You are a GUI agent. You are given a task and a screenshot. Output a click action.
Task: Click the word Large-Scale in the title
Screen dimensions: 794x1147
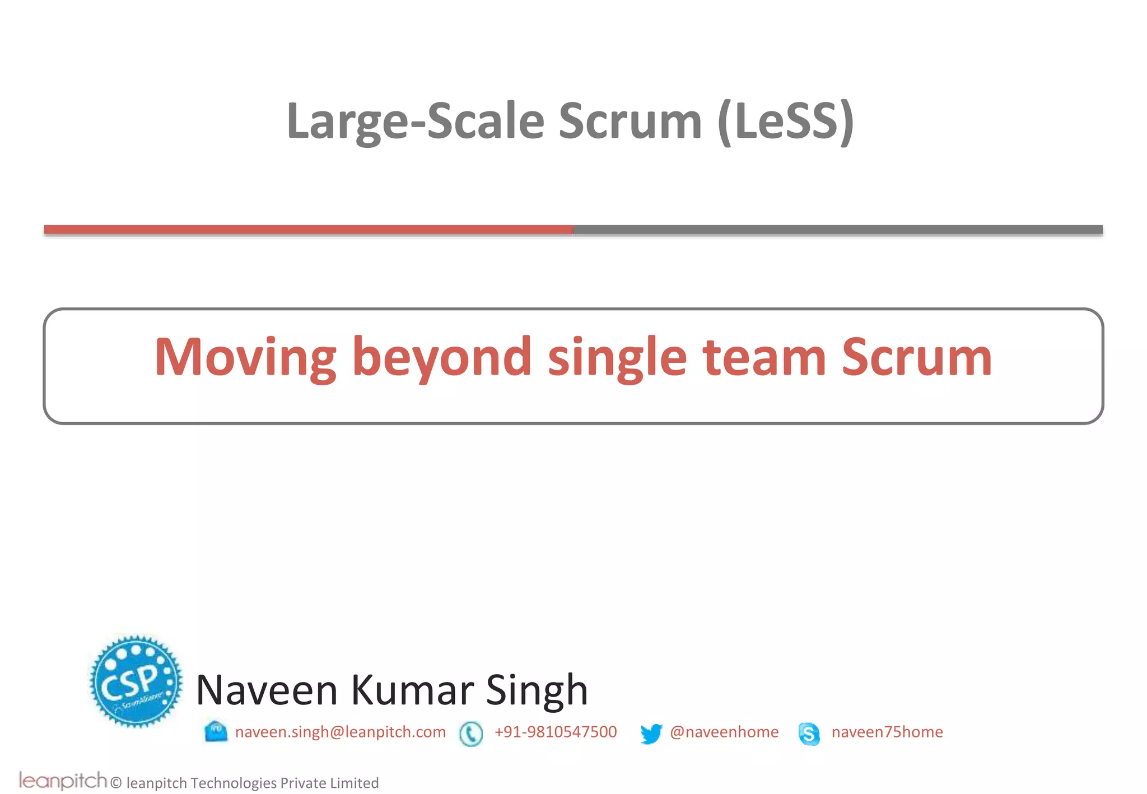pos(415,122)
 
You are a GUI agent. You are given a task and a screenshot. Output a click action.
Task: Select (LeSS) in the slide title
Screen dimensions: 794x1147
pos(785,122)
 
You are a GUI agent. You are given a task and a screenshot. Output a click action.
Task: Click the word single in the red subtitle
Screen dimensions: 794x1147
pos(617,358)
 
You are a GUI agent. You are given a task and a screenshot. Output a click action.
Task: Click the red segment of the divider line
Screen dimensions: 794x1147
pos(308,230)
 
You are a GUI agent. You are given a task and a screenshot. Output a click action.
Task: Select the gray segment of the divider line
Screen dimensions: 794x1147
pos(837,230)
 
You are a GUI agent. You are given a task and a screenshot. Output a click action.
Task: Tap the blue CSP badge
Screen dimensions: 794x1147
pos(136,681)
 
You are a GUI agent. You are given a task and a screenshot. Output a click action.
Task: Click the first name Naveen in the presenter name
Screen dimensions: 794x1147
pos(267,690)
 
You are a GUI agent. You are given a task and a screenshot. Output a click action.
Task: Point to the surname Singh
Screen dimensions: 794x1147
pos(537,690)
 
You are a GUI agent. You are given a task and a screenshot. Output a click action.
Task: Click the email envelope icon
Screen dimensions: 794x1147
pos(216,732)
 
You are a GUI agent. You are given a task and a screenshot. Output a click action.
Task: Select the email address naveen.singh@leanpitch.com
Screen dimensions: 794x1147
pos(341,732)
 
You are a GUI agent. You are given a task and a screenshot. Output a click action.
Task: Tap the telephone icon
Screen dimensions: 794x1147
pos(470,734)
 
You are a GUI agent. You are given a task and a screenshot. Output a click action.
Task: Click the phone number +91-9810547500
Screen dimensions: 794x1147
pos(556,732)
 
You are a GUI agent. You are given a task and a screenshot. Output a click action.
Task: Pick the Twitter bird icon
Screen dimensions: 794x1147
pos(651,734)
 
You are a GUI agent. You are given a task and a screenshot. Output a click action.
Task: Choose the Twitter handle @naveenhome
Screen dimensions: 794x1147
pos(724,732)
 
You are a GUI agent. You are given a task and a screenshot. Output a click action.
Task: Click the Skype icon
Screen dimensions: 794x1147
pos(809,734)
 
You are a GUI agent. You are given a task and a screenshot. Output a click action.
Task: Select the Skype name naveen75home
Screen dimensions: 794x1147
pos(887,732)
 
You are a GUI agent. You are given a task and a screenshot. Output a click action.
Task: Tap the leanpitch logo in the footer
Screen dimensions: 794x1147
pos(63,781)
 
